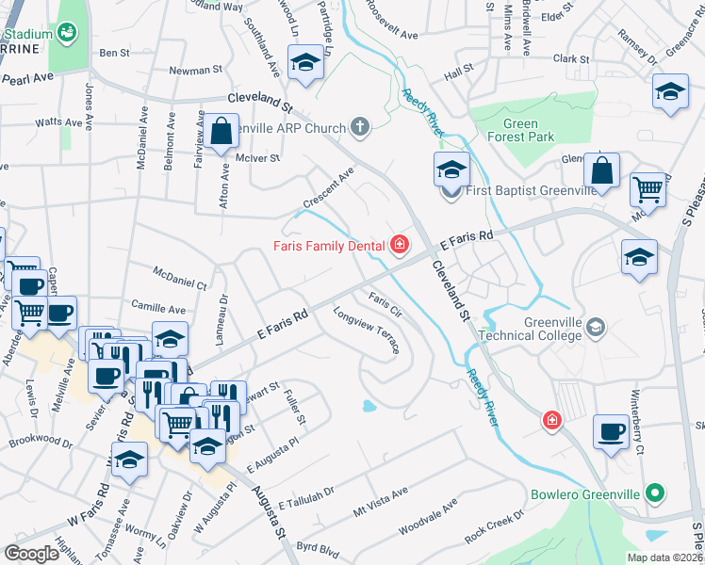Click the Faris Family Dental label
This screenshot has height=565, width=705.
(x=328, y=247)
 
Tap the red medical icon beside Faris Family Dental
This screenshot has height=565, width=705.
(x=400, y=246)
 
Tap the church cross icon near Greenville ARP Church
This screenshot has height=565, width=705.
(x=359, y=125)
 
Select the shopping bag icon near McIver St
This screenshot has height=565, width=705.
(x=222, y=132)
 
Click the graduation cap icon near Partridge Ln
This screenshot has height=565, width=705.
(x=304, y=64)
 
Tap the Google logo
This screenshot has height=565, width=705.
(x=31, y=553)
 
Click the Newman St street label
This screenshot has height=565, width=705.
(x=195, y=70)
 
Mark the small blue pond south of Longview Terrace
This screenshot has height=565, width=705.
(x=369, y=408)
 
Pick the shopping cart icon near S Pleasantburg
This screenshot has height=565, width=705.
(x=648, y=188)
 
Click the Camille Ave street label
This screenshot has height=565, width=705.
(x=158, y=309)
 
